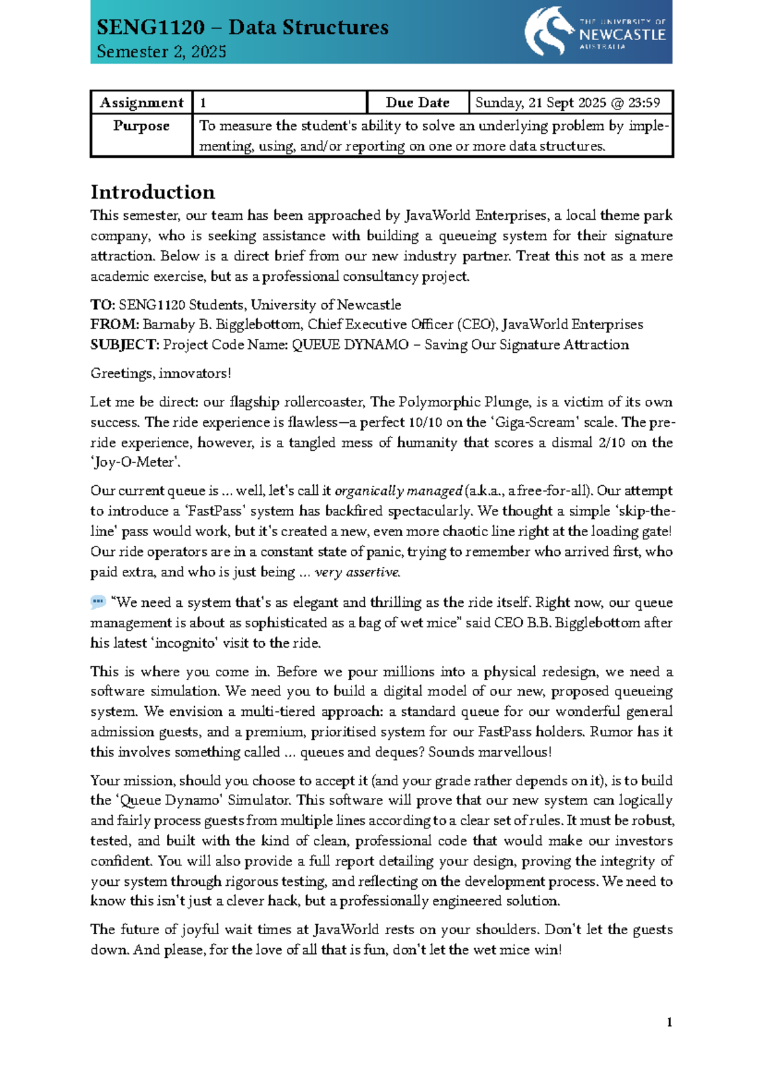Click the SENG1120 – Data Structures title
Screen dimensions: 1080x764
(x=243, y=27)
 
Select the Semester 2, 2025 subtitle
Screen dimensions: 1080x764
(x=162, y=52)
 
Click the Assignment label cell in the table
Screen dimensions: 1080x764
(x=141, y=103)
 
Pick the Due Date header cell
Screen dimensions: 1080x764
(x=417, y=103)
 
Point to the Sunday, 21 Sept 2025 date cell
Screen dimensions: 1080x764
(x=567, y=103)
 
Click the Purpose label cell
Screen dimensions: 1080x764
(x=141, y=126)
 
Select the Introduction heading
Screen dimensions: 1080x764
(x=153, y=192)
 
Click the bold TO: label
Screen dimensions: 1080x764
(x=103, y=305)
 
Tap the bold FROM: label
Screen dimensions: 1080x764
(x=115, y=325)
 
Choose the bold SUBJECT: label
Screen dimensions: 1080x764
(x=125, y=345)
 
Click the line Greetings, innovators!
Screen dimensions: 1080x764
(x=160, y=374)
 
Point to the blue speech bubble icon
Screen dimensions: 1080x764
(x=97, y=602)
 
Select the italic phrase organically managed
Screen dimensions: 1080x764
(x=398, y=491)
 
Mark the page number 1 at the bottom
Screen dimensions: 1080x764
(x=669, y=1023)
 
